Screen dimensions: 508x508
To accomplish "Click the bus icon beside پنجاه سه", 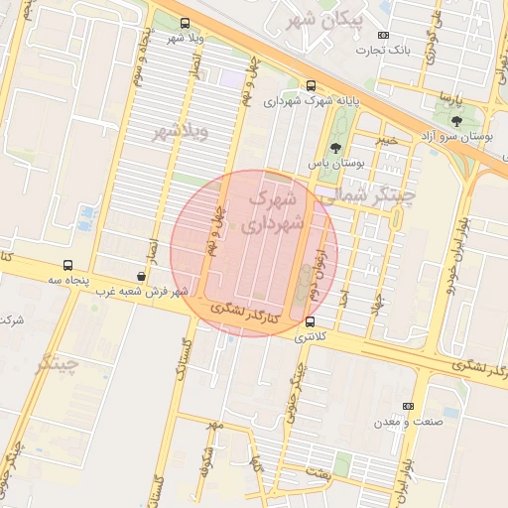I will (x=67, y=266).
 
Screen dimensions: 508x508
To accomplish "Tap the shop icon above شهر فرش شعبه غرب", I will (x=141, y=277).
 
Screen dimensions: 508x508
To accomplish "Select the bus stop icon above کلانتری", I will (x=311, y=322).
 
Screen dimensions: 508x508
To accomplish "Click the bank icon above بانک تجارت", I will (x=384, y=36).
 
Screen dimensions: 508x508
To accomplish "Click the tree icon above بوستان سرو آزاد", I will (x=455, y=120).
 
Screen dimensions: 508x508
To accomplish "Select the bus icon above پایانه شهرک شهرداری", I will (x=312, y=85).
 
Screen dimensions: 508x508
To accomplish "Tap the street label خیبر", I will (x=385, y=140).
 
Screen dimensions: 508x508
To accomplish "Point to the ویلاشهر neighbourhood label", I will (x=181, y=132).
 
